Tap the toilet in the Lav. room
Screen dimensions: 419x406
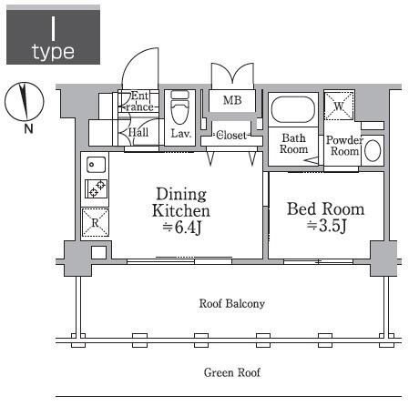[x=179, y=107]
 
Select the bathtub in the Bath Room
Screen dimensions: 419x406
[x=292, y=110]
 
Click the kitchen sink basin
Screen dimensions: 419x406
[x=96, y=165]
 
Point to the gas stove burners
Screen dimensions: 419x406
[x=96, y=188]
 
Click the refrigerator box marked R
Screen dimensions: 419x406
[x=96, y=223]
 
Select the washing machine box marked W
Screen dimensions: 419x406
[x=339, y=107]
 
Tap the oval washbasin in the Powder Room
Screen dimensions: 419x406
[x=373, y=150]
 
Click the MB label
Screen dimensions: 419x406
[x=232, y=100]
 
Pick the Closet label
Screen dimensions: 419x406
[x=231, y=136]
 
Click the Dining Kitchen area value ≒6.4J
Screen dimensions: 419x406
[x=182, y=227]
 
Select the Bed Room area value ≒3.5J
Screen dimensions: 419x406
[x=326, y=226]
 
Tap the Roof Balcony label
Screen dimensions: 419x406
[x=232, y=303]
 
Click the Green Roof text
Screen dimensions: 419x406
[x=232, y=372]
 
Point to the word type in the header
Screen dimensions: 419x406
[x=53, y=52]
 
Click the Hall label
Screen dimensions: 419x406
[x=138, y=132]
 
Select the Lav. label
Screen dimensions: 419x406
[x=180, y=134]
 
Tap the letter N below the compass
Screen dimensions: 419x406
[x=28, y=129]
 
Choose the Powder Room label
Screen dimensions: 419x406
[x=344, y=146]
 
